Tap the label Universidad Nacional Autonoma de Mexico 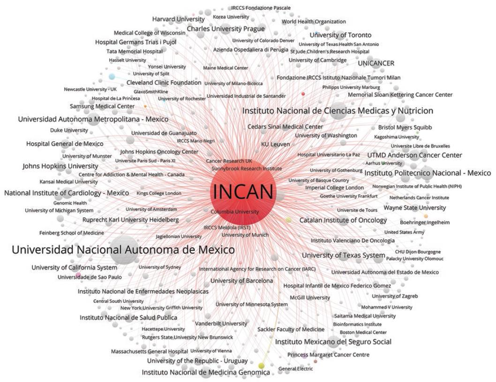tap(123, 250)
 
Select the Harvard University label tap(178, 19)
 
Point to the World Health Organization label tap(314, 22)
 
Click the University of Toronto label tap(340, 35)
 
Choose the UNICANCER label tap(376, 63)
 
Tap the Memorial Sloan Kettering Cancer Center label tap(400, 95)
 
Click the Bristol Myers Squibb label tap(405, 127)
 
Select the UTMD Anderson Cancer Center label tap(414, 155)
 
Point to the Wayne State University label tap(415, 208)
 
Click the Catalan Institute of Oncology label tap(343, 220)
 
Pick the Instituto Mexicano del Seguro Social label tap(333, 342)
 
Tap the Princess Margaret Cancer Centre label tap(328, 355)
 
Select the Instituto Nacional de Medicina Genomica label tap(206, 373)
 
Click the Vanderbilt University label tap(221, 323)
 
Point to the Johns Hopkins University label tap(60, 166)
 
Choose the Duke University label tap(69, 130)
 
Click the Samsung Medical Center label tap(96, 106)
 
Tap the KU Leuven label tap(275, 145)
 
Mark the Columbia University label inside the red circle tap(234, 212)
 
